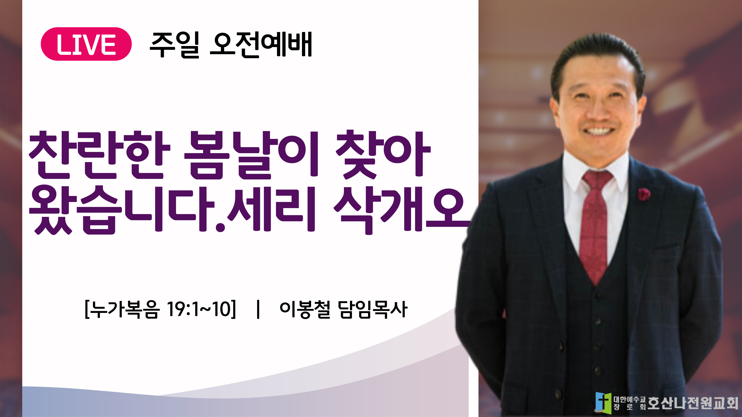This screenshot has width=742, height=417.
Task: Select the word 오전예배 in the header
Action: coord(261,45)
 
